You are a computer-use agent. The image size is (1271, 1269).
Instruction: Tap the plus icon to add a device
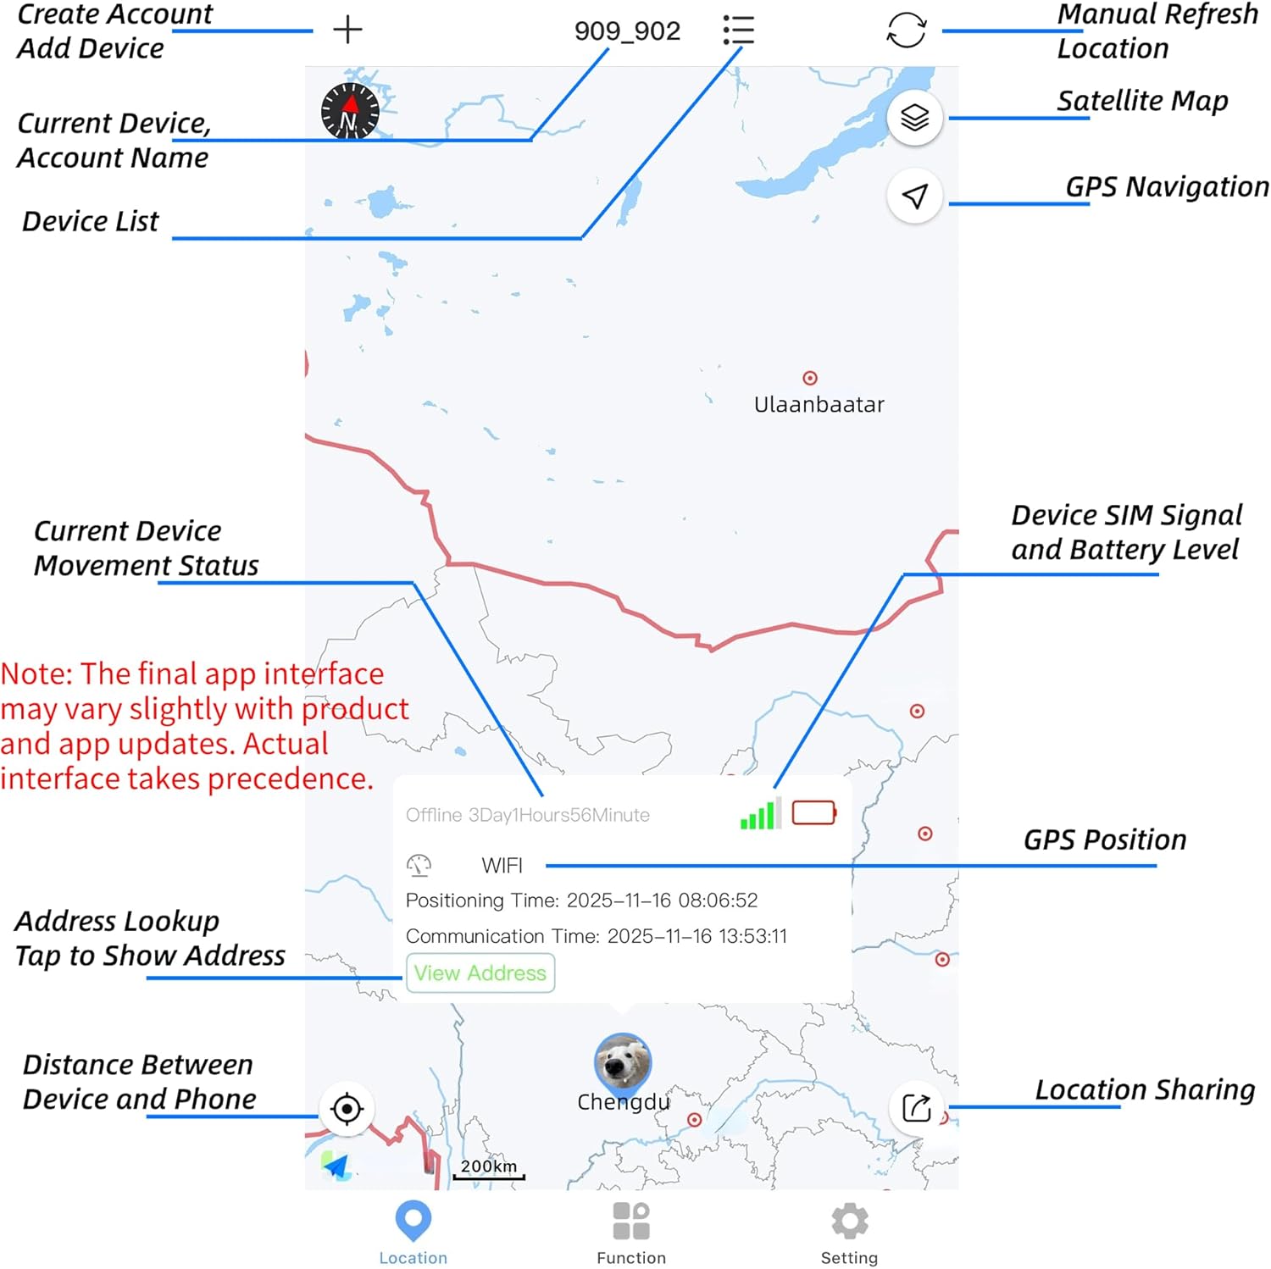(347, 30)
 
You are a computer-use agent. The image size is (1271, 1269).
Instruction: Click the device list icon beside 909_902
(739, 30)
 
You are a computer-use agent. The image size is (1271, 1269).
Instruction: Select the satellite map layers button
(914, 118)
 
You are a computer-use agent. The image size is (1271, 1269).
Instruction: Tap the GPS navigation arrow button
(914, 197)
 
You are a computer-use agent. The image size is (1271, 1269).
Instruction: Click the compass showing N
(350, 111)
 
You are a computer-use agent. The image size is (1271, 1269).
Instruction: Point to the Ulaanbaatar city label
(819, 405)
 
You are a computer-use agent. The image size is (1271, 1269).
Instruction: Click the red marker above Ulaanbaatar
(810, 378)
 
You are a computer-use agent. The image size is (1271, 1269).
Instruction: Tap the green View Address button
(480, 973)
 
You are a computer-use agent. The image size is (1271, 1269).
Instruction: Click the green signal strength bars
(760, 814)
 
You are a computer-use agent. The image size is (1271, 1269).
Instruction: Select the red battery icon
(814, 813)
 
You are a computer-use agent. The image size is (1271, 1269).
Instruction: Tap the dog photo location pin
(623, 1062)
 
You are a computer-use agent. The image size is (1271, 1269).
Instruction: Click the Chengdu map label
(623, 1102)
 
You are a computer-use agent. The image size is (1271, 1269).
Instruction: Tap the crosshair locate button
(347, 1108)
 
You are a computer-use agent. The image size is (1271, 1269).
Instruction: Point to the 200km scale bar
(489, 1169)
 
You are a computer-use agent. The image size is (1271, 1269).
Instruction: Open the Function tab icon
(631, 1221)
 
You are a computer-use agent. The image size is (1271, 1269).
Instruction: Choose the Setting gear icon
(850, 1221)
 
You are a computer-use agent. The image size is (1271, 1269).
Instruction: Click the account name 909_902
(627, 31)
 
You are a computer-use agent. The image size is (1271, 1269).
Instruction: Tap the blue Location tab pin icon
(413, 1221)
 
